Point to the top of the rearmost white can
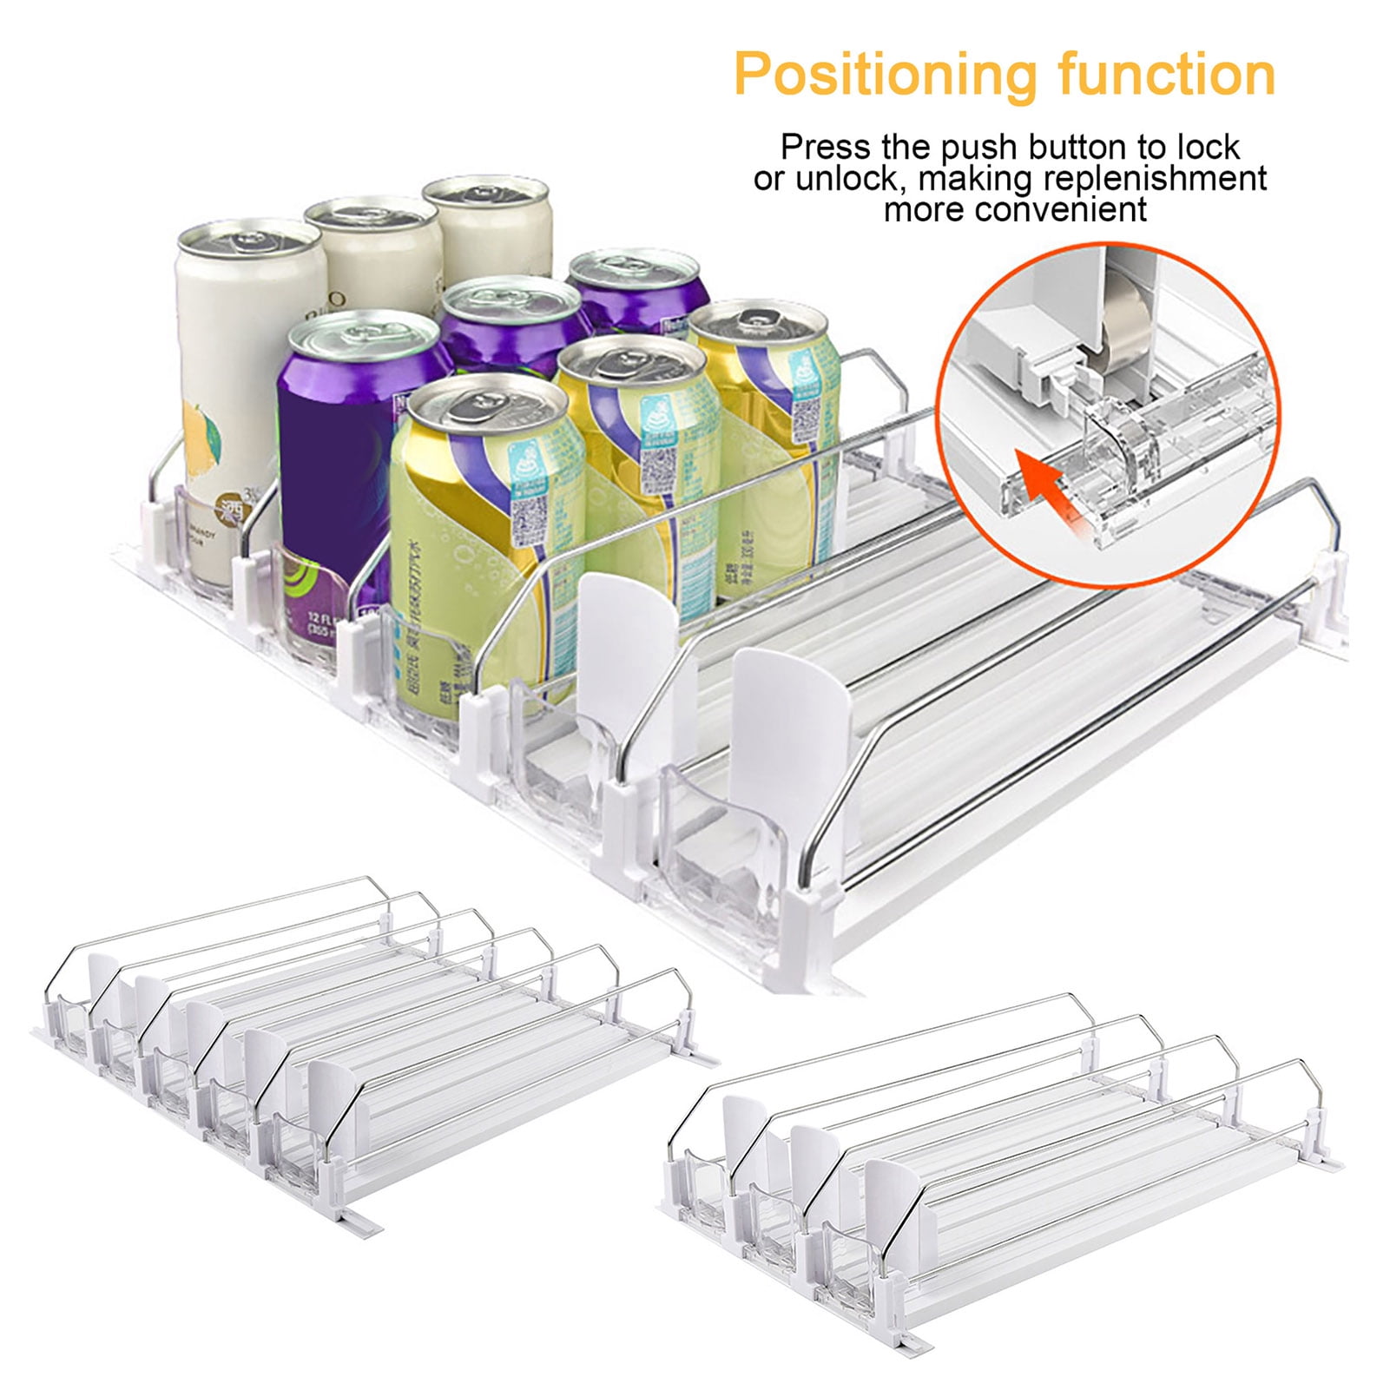(485, 193)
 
